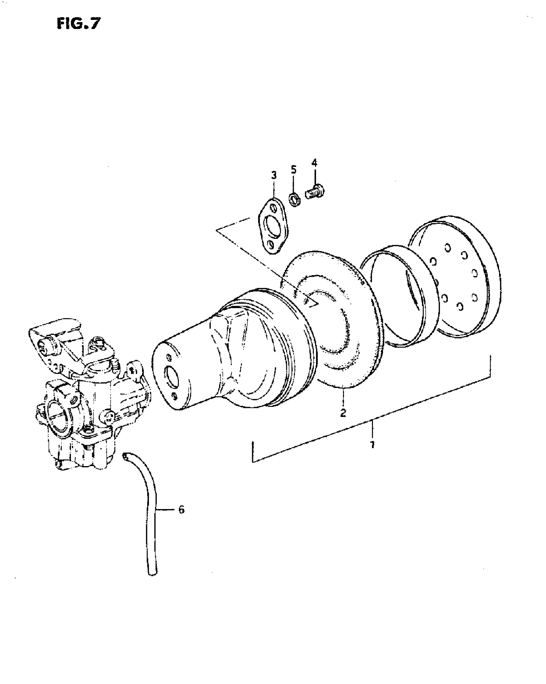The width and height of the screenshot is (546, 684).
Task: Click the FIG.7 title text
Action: click(78, 24)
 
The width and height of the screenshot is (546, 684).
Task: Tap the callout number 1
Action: click(372, 446)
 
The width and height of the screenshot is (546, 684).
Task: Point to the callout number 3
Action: click(273, 175)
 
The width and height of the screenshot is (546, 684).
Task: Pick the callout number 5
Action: click(181, 518)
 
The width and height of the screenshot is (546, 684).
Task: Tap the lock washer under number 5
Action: click(294, 199)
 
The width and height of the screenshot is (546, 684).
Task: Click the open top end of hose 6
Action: click(125, 455)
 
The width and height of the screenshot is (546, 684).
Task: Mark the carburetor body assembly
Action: click(84, 399)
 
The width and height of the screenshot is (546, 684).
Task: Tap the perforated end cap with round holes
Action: click(456, 276)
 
